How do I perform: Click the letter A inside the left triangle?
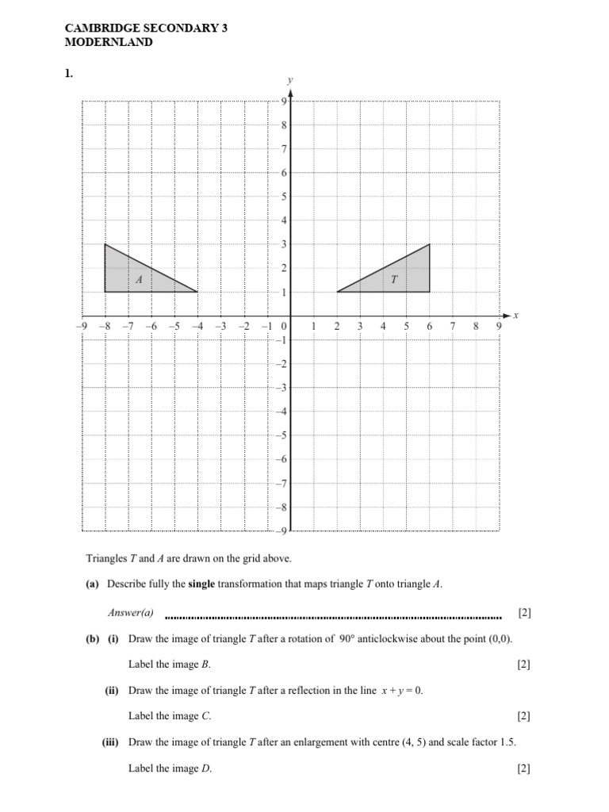point(139,279)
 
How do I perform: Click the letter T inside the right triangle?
point(393,279)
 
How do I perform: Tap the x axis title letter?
point(515,316)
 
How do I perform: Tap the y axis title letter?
point(291,80)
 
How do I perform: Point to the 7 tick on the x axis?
point(453,326)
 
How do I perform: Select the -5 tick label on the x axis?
point(174,326)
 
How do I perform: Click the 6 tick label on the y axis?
point(284,173)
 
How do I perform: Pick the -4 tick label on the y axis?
point(282,412)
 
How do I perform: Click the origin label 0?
point(284,326)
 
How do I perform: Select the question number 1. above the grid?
point(69,74)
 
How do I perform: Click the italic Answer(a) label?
point(131,613)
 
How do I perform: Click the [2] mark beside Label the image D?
point(523,768)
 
